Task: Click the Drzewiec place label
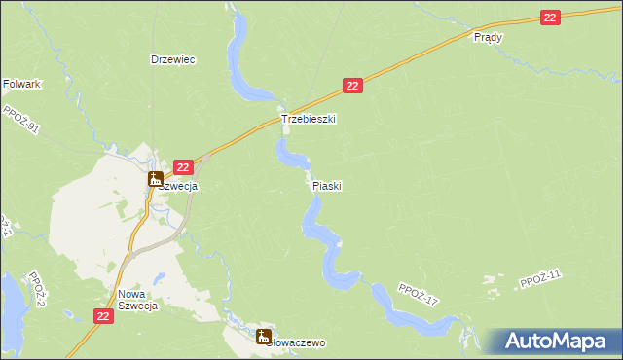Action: pyautogui.click(x=173, y=59)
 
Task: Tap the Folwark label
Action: pyautogui.click(x=21, y=85)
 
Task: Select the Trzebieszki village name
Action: pyautogui.click(x=309, y=119)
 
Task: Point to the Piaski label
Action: pyautogui.click(x=327, y=185)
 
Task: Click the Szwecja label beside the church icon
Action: pyautogui.click(x=180, y=186)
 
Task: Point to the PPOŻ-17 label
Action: pyautogui.click(x=419, y=294)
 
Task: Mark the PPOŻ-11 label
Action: pyautogui.click(x=541, y=280)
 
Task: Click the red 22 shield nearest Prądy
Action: pyautogui.click(x=552, y=18)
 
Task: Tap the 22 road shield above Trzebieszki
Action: pyautogui.click(x=353, y=87)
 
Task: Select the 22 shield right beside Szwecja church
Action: pyautogui.click(x=183, y=167)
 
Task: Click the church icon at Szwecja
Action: pyautogui.click(x=155, y=179)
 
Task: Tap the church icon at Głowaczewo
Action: pyautogui.click(x=264, y=337)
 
